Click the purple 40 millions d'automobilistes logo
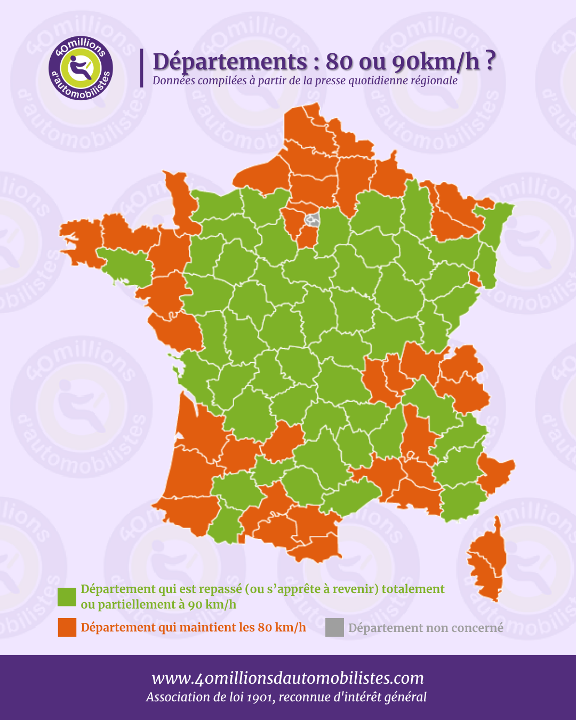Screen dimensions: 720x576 coord(81,68)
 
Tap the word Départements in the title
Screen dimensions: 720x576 coord(229,62)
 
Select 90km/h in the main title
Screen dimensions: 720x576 coord(436,62)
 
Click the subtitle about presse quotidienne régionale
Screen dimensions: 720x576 coord(305,81)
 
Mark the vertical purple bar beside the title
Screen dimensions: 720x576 coord(142,68)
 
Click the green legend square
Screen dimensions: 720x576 coord(67,597)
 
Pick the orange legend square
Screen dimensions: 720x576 coord(67,627)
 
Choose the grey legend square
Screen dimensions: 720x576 coord(334,628)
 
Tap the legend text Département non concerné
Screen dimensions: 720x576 coord(426,628)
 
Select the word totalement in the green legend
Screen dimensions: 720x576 coord(413,589)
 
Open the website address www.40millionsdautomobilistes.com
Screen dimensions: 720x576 coord(287,678)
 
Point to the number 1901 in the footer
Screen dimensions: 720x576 coord(259,697)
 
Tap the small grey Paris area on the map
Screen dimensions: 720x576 coord(313,219)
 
